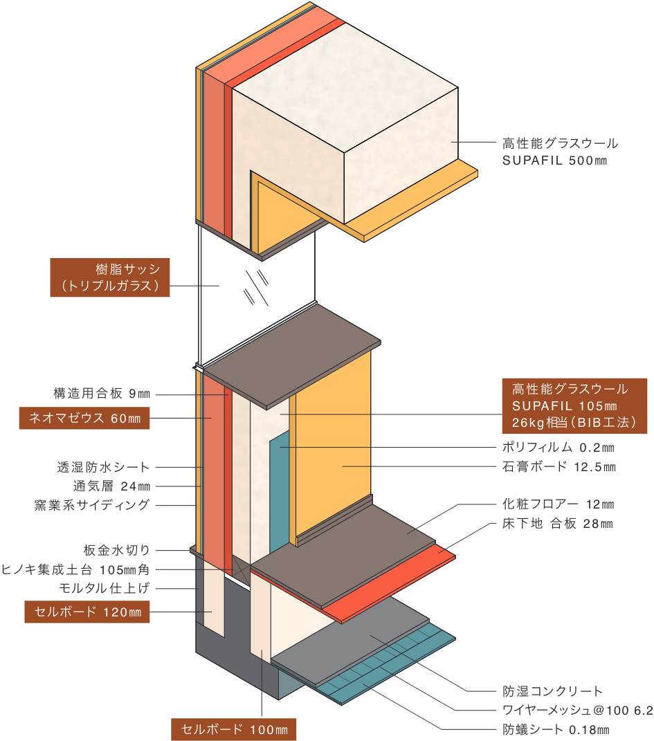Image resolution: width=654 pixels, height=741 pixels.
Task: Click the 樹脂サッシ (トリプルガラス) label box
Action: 110,277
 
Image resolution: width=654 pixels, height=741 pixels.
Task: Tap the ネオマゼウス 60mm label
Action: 84,418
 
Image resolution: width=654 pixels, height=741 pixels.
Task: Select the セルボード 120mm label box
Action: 87,612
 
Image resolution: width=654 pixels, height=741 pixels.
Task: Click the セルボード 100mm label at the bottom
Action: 234,729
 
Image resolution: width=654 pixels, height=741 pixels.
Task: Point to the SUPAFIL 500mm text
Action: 554,161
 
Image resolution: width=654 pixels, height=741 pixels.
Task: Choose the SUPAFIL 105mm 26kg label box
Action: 574,405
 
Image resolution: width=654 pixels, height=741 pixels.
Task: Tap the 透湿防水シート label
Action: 103,467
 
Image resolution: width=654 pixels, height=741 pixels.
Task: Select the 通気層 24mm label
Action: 111,486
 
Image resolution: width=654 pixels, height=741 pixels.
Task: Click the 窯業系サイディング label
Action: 92,504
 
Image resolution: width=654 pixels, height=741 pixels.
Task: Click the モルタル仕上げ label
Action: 104,588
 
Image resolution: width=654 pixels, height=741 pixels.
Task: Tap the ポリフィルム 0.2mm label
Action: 558,448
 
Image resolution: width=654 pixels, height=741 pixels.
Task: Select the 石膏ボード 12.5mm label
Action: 558,467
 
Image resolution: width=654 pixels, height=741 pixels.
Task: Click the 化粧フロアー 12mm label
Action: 558,504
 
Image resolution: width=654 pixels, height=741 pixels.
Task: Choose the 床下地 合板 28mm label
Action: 557,524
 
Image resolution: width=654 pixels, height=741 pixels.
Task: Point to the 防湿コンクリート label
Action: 552,690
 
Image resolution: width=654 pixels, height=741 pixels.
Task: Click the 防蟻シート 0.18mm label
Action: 556,729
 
